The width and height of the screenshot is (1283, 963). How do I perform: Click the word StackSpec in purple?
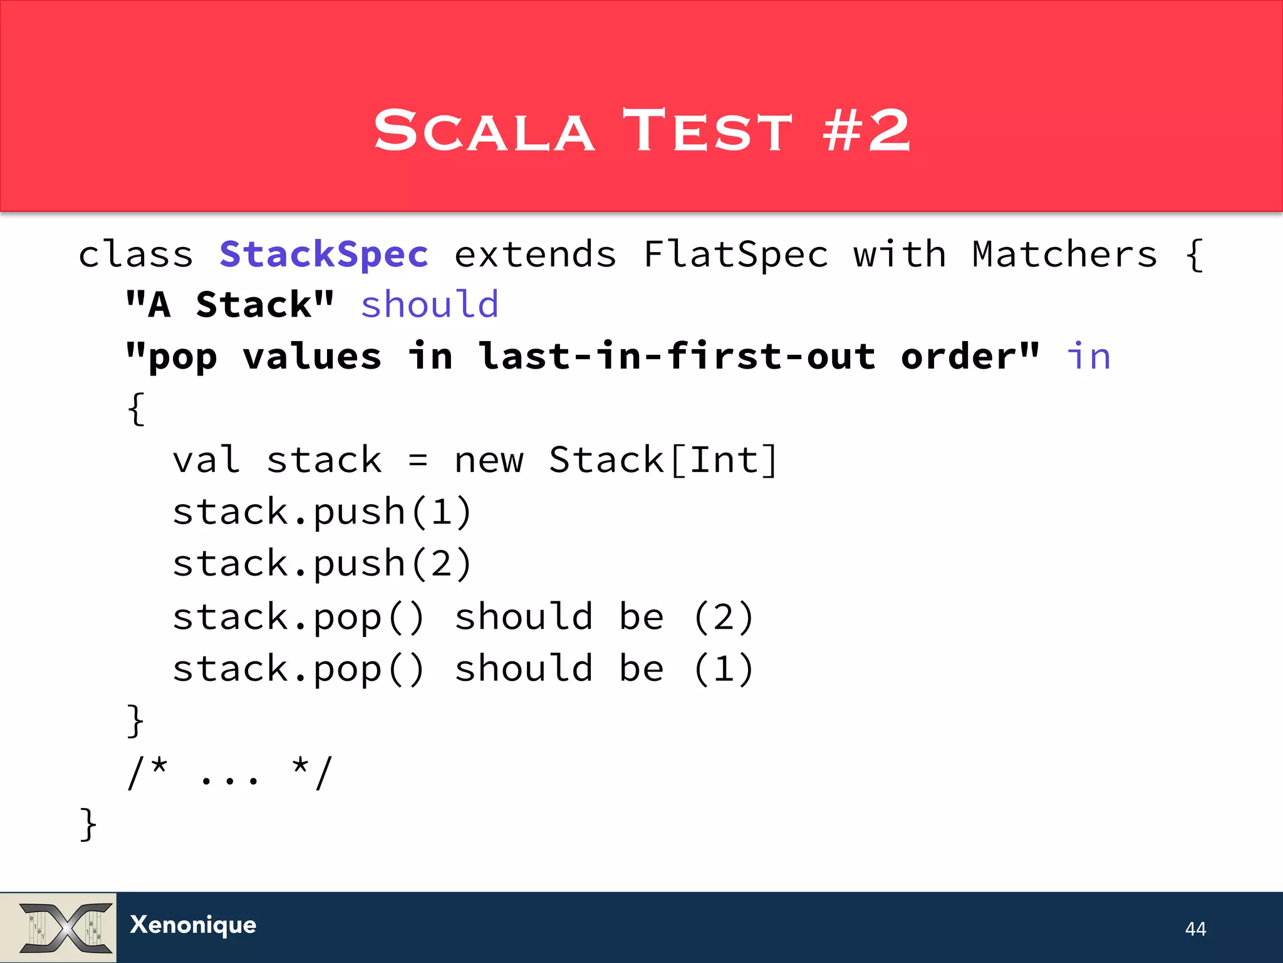pos(324,255)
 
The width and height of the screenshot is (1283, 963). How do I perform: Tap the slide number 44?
pos(1195,929)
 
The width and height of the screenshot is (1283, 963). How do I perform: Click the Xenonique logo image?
pos(59,927)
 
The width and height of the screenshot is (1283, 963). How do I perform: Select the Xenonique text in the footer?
pos(193,925)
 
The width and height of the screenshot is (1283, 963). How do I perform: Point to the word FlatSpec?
pos(736,255)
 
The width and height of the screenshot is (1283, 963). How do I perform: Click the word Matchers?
pos(1064,255)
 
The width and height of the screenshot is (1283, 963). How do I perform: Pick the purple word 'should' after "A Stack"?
pos(430,305)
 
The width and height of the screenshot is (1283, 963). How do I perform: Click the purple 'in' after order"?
pos(1089,357)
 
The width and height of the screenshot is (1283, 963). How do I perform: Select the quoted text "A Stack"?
pos(230,305)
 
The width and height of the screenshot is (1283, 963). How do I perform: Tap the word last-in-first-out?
pos(677,357)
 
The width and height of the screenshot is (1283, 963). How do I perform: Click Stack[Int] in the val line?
pos(663,460)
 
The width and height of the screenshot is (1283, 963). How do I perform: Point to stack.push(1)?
pos(322,512)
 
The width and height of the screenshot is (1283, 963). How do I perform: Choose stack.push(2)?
pos(322,564)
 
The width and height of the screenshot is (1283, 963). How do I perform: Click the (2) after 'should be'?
pos(724,617)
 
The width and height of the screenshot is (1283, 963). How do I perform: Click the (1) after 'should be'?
pos(724,668)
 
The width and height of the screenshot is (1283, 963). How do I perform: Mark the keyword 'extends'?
pos(535,255)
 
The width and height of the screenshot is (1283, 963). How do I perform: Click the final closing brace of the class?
pos(88,824)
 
